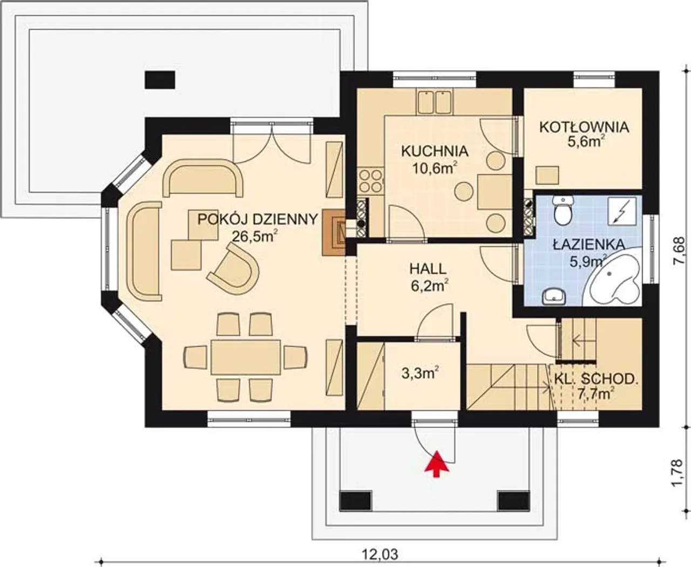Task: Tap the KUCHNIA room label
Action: click(x=435, y=151)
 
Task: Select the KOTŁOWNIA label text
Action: click(x=584, y=127)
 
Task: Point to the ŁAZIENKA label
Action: click(x=589, y=244)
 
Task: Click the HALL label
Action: click(x=428, y=269)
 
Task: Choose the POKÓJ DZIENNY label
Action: click(x=258, y=219)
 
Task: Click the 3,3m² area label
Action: click(x=420, y=374)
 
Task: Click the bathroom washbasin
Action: click(x=554, y=296)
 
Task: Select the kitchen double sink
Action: click(x=435, y=102)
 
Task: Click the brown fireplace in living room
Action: click(x=334, y=232)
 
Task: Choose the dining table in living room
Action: click(x=246, y=357)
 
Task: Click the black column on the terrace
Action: click(x=160, y=79)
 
